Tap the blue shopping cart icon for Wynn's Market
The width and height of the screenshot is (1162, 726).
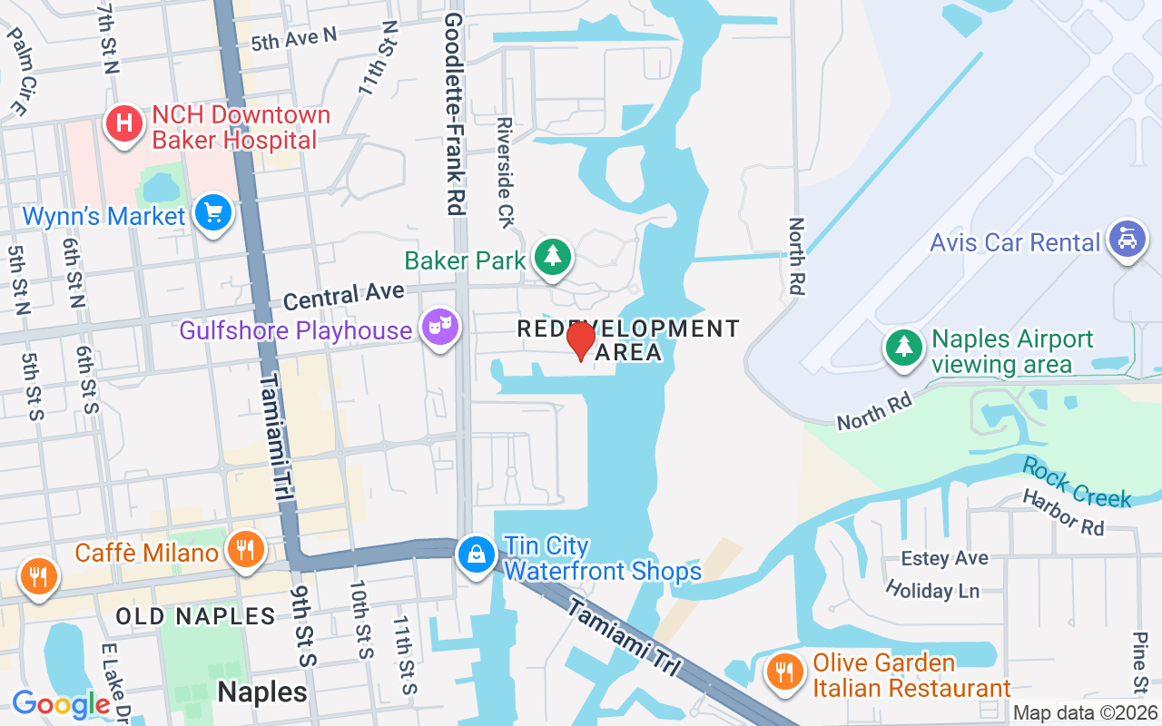(213, 214)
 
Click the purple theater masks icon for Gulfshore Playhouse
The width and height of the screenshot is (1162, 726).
(440, 326)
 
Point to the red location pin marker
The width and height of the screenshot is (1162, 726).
(581, 341)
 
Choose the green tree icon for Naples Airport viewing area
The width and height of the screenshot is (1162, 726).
(903, 348)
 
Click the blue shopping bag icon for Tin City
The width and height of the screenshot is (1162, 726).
(476, 554)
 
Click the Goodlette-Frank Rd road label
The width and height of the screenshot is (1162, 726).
(453, 114)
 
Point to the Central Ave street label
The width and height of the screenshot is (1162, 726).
(343, 295)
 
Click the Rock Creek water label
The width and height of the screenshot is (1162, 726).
(1077, 482)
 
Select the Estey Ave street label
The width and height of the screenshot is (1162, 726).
(944, 558)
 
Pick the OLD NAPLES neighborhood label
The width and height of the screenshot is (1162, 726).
(195, 617)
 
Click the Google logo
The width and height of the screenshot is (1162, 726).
(61, 704)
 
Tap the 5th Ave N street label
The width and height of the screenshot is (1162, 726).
(293, 39)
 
